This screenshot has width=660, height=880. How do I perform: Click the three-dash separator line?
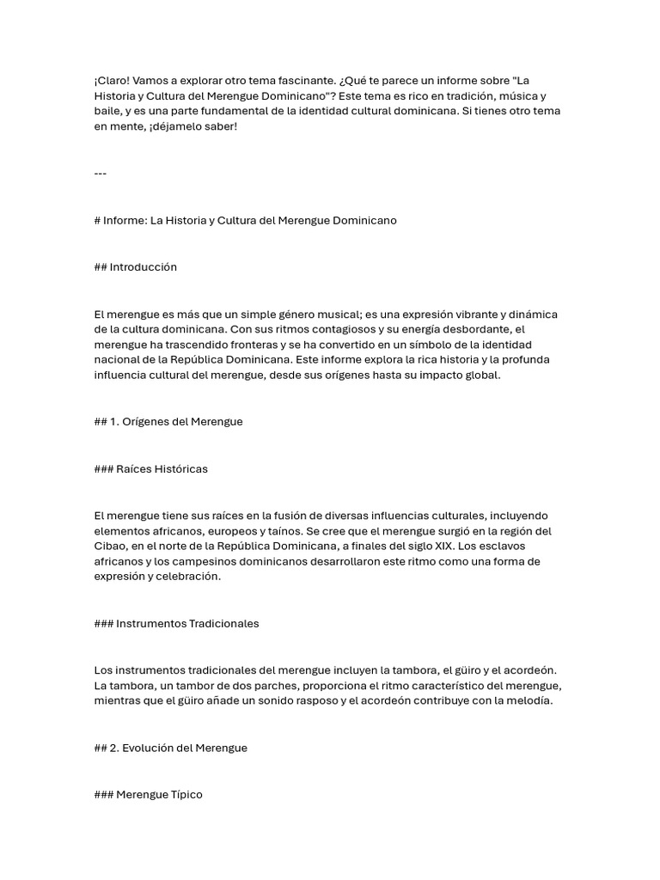[x=100, y=174]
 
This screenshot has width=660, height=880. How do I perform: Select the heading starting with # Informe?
[x=245, y=220]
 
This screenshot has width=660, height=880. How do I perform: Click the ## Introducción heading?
[x=135, y=266]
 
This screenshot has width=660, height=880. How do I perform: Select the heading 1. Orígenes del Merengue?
[x=168, y=422]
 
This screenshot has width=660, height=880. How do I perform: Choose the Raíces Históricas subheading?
[x=150, y=468]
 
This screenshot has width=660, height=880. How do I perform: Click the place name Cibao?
[x=110, y=546]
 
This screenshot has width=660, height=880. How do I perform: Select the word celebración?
[x=188, y=577]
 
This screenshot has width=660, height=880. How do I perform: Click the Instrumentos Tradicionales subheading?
[x=176, y=623]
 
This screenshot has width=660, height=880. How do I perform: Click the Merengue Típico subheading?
[x=148, y=794]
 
